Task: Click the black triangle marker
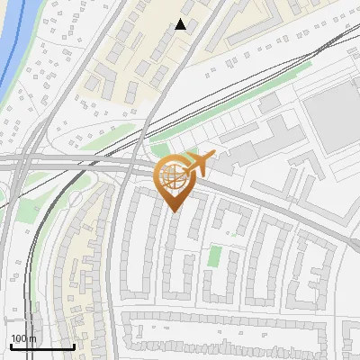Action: point(181,24)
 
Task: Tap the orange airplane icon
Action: point(200,163)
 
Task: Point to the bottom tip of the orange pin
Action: point(173,211)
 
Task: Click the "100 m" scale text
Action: point(23,338)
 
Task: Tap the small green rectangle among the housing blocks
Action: point(214,256)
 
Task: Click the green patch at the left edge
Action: point(27,211)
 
